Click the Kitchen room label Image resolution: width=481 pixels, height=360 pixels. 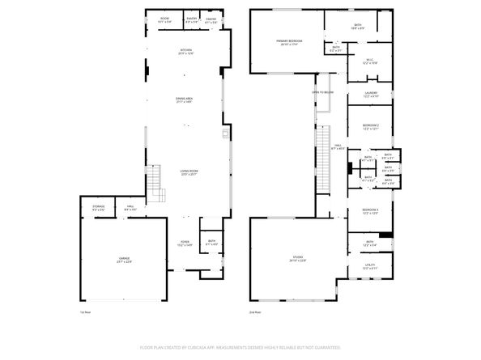pyautogui.click(x=185, y=51)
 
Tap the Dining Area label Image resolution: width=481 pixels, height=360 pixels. pyautogui.click(x=185, y=100)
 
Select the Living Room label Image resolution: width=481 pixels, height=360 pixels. pyautogui.click(x=189, y=172)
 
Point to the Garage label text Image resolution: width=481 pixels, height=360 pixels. pyautogui.click(x=124, y=259)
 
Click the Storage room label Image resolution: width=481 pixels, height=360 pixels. pyautogui.click(x=98, y=208)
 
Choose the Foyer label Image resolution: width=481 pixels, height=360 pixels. pyautogui.click(x=185, y=243)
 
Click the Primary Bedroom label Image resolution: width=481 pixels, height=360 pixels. pyautogui.click(x=289, y=42)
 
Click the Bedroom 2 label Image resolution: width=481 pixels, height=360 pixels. pyautogui.click(x=371, y=127)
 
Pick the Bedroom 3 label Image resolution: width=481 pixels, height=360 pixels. pyautogui.click(x=371, y=212)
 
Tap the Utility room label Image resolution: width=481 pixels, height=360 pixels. pyautogui.click(x=370, y=265)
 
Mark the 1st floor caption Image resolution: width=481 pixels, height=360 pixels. pyautogui.click(x=84, y=311)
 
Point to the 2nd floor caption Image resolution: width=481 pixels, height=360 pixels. pyautogui.click(x=255, y=311)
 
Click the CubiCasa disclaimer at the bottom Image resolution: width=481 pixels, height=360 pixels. pyautogui.click(x=240, y=347)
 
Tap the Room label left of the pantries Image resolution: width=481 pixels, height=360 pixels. pyautogui.click(x=164, y=19)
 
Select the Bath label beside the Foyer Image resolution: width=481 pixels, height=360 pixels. pyautogui.click(x=211, y=242)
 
